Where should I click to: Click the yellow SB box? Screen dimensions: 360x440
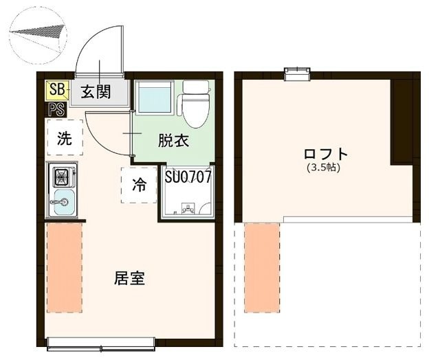[x=56, y=90]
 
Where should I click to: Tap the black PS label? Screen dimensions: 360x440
[x=56, y=109]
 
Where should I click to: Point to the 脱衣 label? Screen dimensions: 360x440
[x=173, y=142]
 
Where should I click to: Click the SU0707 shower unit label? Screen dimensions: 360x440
[x=188, y=176]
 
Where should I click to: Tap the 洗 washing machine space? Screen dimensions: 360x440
[x=65, y=138]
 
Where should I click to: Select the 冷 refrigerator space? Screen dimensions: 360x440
[x=139, y=184]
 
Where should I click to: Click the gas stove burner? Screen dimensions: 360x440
[x=63, y=177]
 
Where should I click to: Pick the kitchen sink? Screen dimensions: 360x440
[x=63, y=204]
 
